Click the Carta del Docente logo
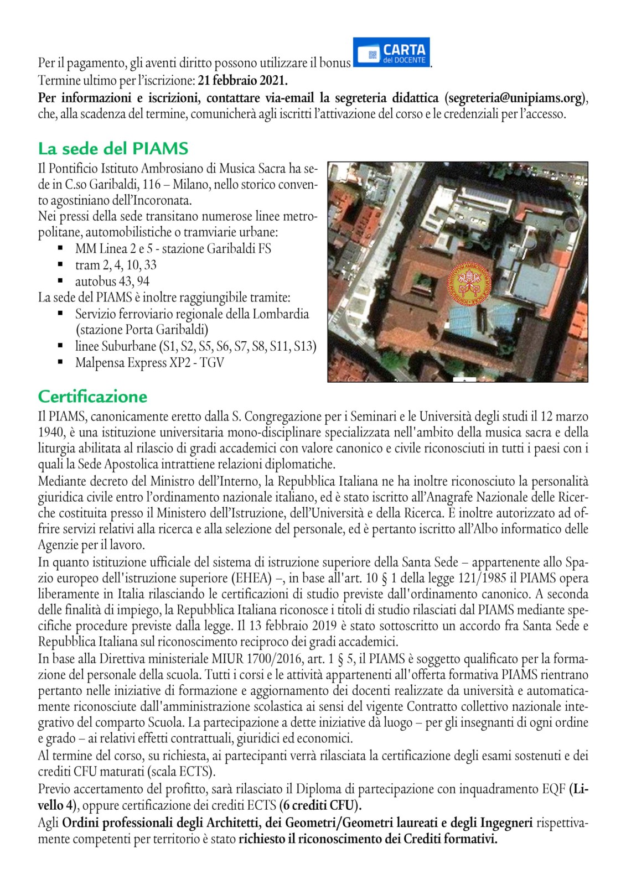[391, 53]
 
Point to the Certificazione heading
[92, 397]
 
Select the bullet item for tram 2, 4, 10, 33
[116, 265]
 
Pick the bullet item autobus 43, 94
[112, 281]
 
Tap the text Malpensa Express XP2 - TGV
[149, 363]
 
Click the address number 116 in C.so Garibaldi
[151, 184]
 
